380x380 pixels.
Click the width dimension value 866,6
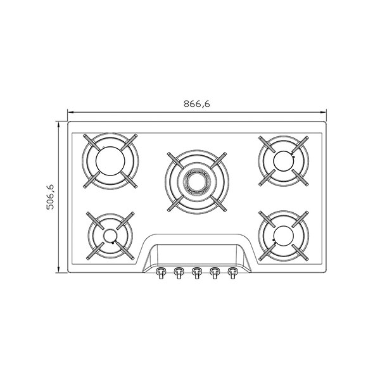click(x=196, y=104)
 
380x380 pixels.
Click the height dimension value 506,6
click(x=51, y=197)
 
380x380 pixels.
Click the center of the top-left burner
click(x=110, y=161)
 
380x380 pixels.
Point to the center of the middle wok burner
click(x=196, y=182)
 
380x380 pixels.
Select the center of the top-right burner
click(x=283, y=161)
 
